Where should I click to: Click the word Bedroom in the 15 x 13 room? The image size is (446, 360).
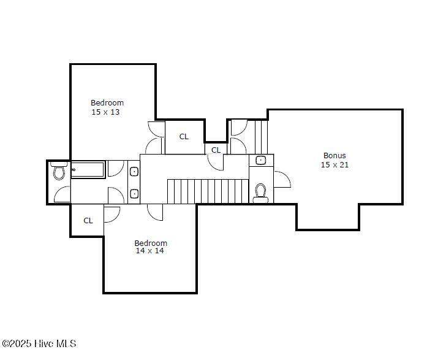[x=107, y=103]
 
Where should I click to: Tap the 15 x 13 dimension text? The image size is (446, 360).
[x=105, y=112]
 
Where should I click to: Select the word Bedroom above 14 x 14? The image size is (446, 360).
[x=151, y=243]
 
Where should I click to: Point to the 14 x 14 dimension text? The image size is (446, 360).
[x=149, y=251]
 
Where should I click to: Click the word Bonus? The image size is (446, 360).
[x=334, y=156]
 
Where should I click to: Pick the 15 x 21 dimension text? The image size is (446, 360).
[x=334, y=165]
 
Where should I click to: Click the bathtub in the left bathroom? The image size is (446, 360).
[x=88, y=169]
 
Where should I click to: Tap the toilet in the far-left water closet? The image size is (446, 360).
[x=59, y=172]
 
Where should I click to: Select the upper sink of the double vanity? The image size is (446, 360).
[x=134, y=172]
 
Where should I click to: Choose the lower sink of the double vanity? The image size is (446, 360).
[x=134, y=194]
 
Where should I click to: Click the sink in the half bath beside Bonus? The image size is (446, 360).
[x=261, y=161]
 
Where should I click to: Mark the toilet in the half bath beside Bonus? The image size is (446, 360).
[x=260, y=192]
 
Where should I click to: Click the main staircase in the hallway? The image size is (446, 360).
[x=208, y=191]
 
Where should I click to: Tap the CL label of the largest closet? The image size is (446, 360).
[x=184, y=137]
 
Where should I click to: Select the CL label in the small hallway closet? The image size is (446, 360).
[x=216, y=150]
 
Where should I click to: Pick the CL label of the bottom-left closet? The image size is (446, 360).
[x=88, y=221]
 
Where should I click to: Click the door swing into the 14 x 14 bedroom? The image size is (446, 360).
[x=156, y=212]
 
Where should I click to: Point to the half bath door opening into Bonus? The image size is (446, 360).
[x=282, y=179]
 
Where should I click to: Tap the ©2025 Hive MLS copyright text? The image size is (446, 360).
[x=39, y=343]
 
